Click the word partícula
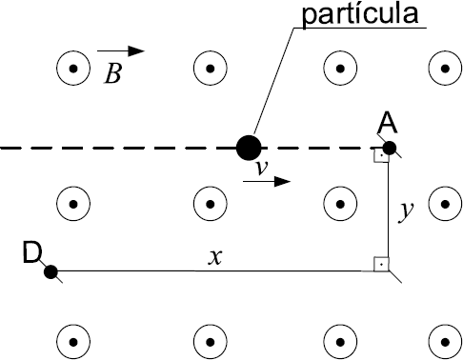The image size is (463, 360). [x=360, y=14]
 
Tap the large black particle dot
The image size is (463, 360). [x=249, y=148]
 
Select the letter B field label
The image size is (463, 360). [x=112, y=73]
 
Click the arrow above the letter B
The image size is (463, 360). [x=121, y=50]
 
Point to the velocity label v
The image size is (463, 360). [x=262, y=168]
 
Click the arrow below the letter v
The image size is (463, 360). [x=267, y=182]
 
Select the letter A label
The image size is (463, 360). [x=388, y=123]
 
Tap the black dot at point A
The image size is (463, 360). [x=390, y=148]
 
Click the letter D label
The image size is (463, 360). [x=32, y=252]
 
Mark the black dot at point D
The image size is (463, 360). [x=50, y=272]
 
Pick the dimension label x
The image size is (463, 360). [x=215, y=257]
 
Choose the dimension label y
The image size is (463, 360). [x=406, y=211]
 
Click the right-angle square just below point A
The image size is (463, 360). [x=381, y=155]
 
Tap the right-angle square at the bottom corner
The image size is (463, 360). [x=381, y=264]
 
